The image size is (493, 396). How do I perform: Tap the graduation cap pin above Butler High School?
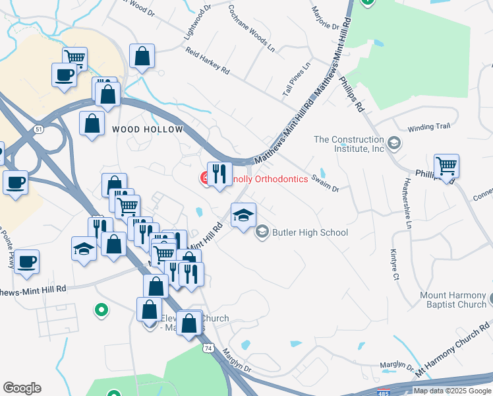(243, 215)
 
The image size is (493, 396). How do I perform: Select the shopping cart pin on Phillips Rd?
(446, 167)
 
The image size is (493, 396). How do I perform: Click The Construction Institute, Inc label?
(349, 144)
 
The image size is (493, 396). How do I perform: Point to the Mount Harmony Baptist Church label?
(453, 300)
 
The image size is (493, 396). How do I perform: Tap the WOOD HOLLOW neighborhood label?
(147, 129)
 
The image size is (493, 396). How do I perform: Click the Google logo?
(22, 388)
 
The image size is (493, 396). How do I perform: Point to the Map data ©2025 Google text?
(451, 391)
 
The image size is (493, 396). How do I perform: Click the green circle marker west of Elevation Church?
(101, 309)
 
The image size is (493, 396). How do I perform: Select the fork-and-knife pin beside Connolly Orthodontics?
(219, 175)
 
